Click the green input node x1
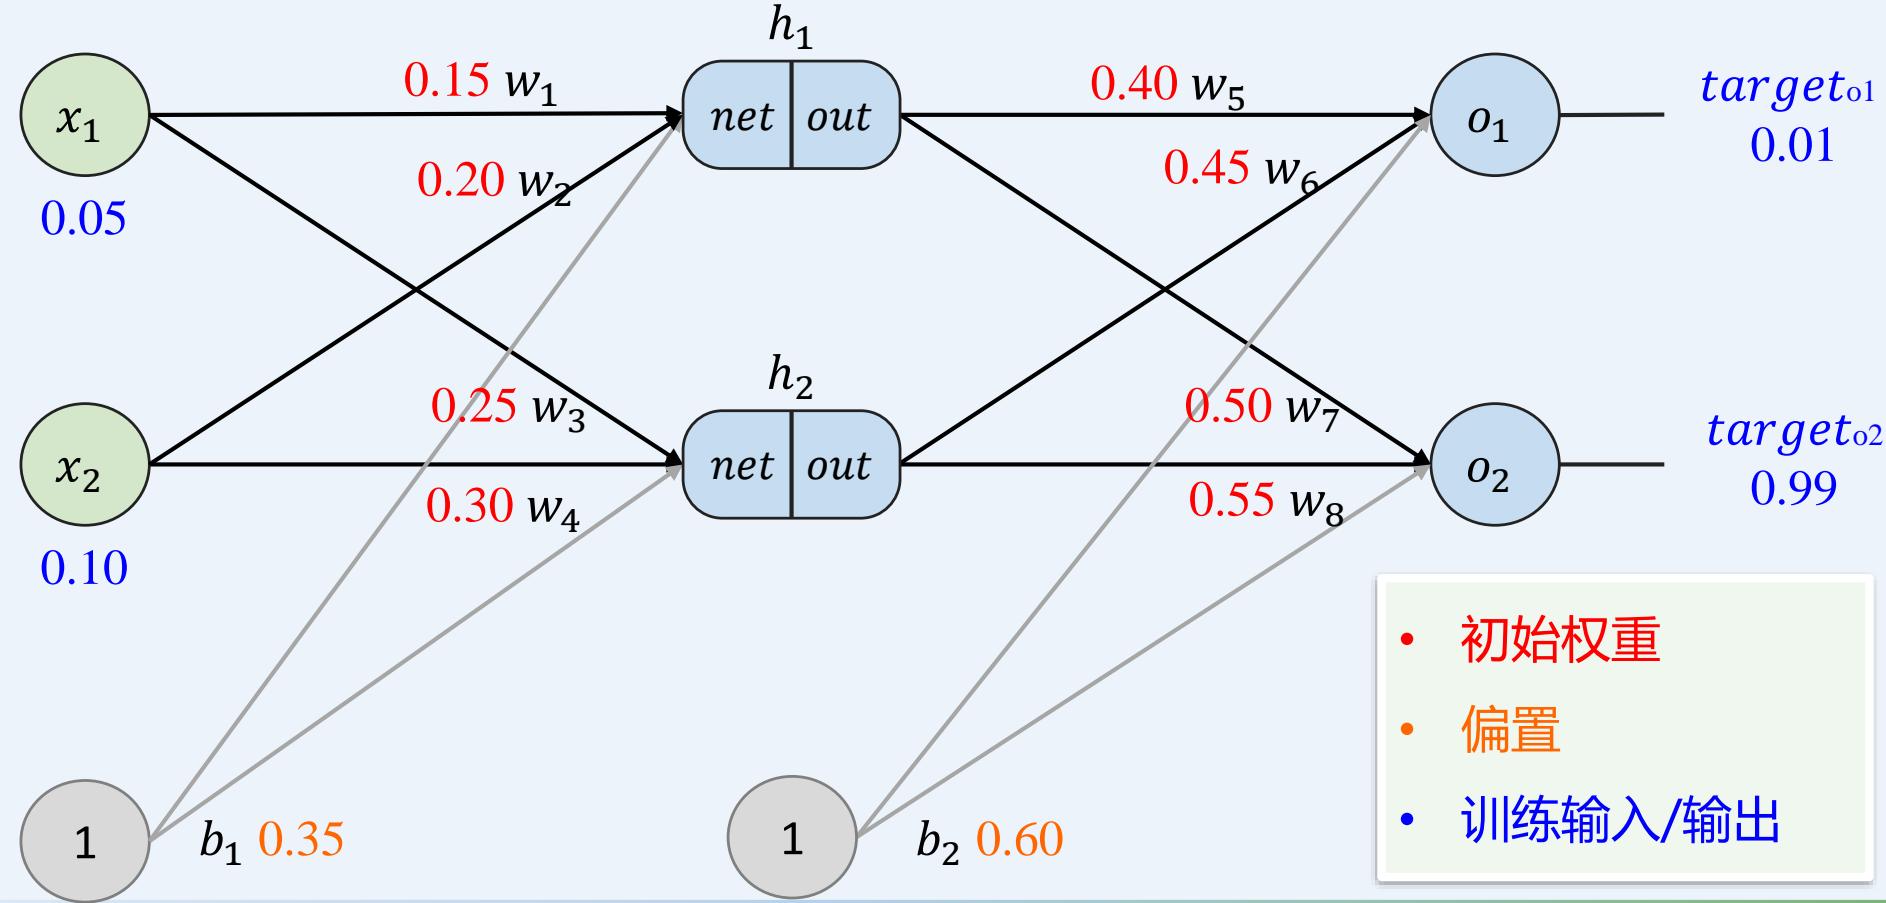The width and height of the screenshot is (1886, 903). (x=84, y=116)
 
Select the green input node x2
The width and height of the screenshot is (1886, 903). (x=84, y=465)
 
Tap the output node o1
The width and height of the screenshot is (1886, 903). (x=1494, y=116)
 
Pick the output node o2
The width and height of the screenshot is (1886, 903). (x=1494, y=465)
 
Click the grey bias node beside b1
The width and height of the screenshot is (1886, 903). (x=84, y=841)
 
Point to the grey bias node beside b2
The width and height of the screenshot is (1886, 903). (x=791, y=838)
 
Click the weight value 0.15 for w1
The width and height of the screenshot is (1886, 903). (x=447, y=81)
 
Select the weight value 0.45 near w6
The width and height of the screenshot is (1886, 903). (x=1206, y=168)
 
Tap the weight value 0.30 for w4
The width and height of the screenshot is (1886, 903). (x=469, y=506)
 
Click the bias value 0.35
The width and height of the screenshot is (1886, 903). (x=301, y=840)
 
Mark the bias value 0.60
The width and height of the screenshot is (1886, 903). (x=1019, y=840)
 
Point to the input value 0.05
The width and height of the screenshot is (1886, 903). (x=84, y=219)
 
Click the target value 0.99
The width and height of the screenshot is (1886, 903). (x=1793, y=488)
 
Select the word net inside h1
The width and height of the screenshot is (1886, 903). (x=741, y=117)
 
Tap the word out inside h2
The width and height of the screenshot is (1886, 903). (x=838, y=466)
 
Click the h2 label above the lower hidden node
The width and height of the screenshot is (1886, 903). (x=790, y=377)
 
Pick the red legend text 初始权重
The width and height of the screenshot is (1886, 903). (x=1559, y=640)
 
